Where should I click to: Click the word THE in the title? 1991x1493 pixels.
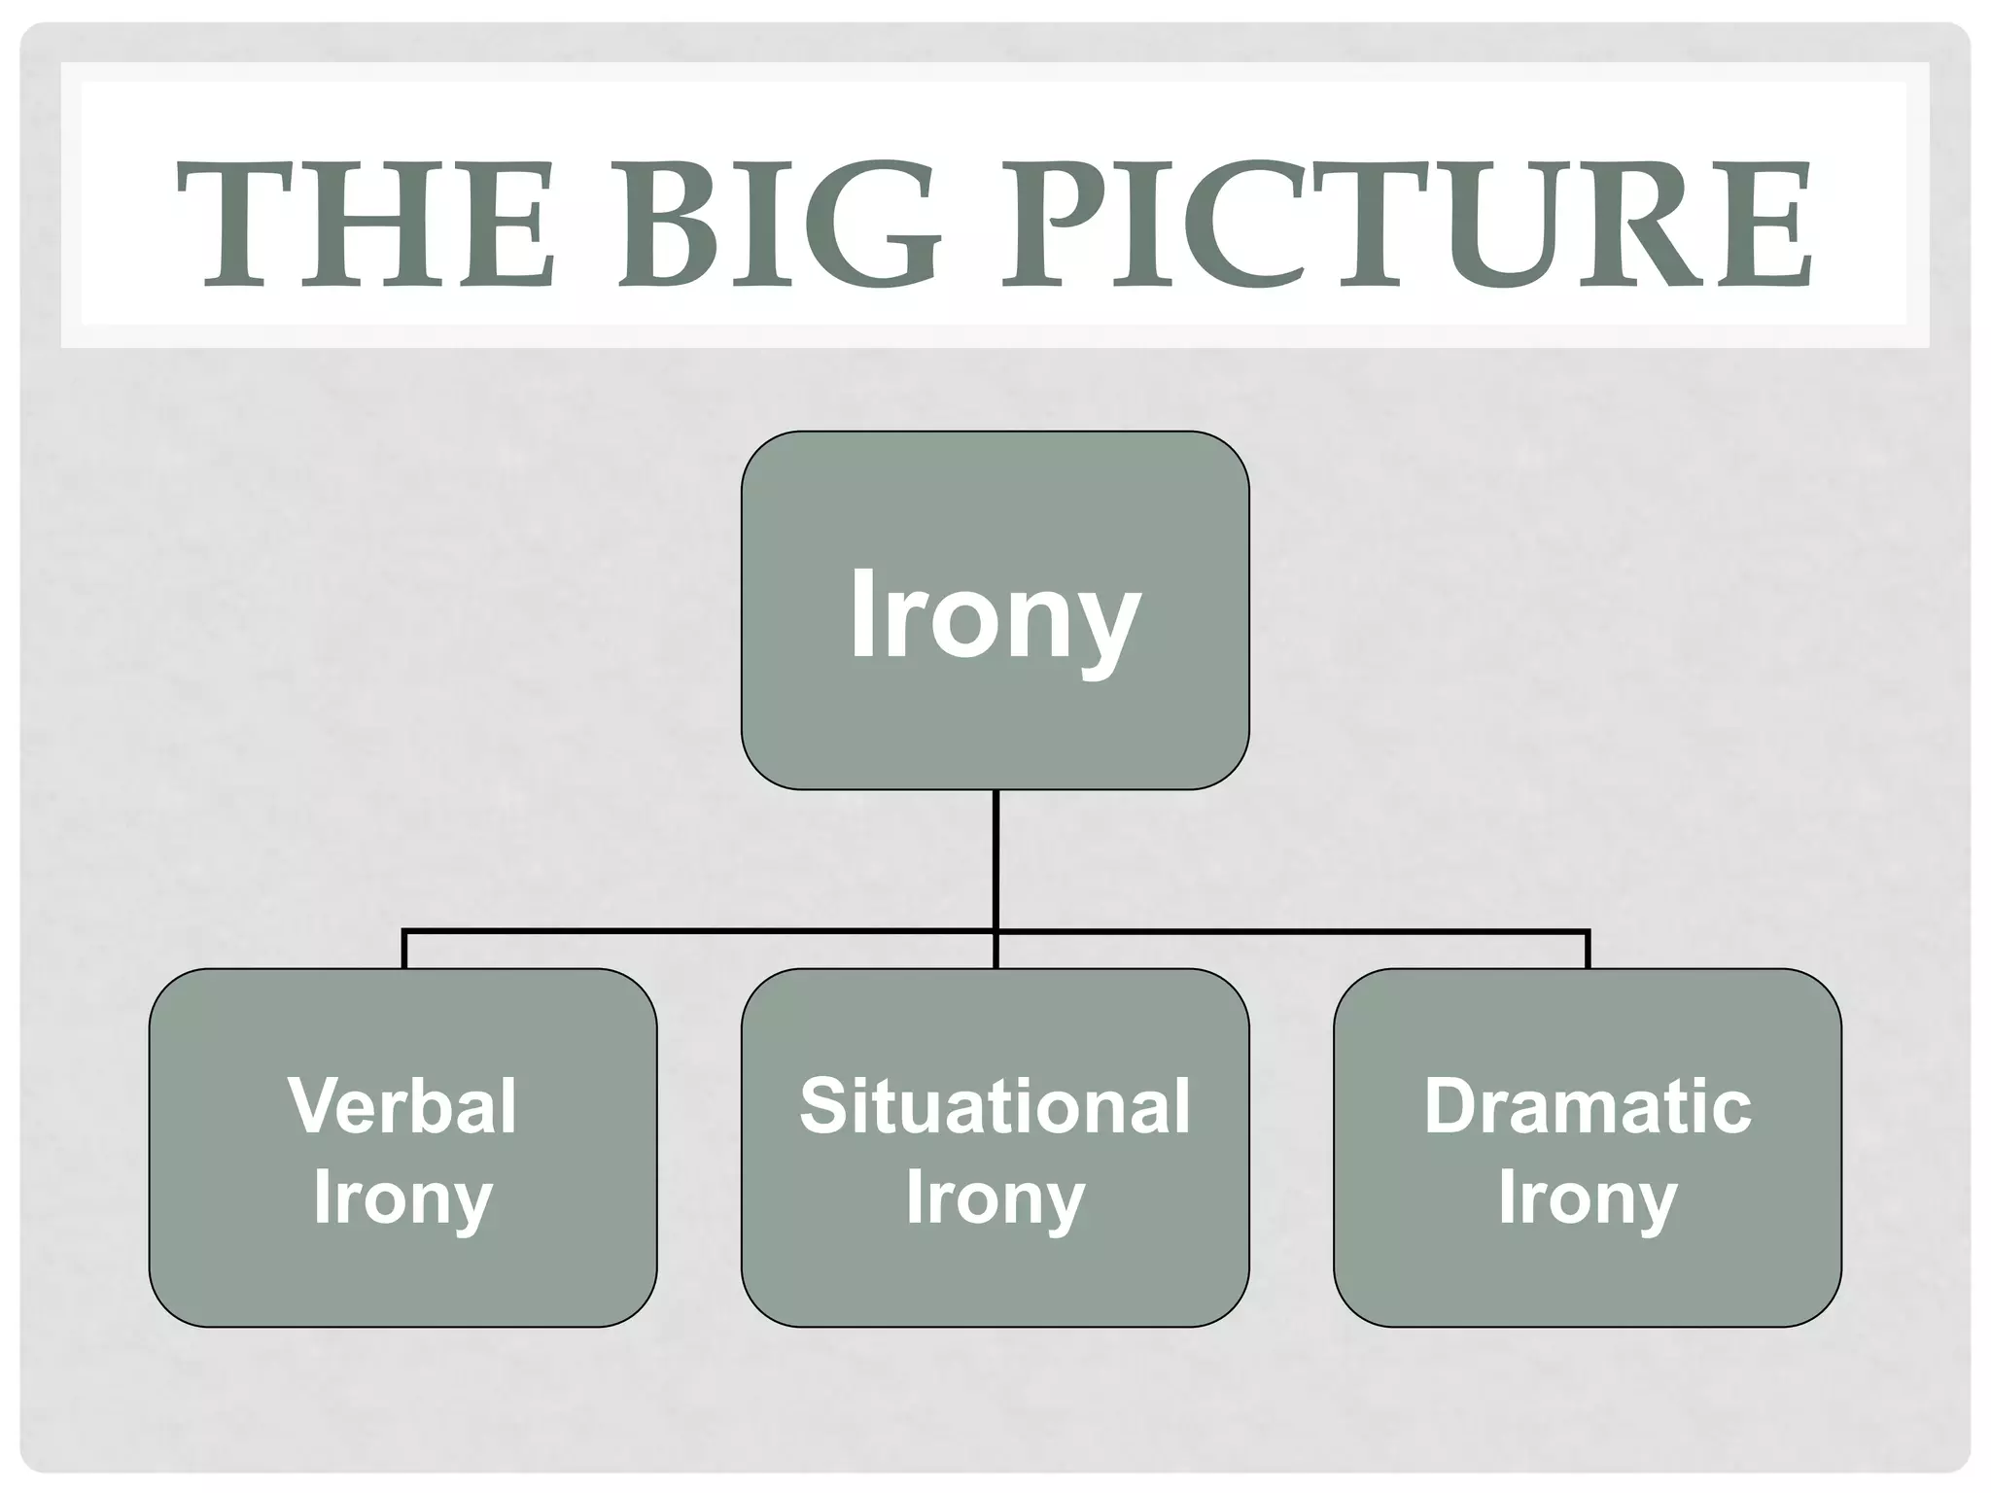click(365, 226)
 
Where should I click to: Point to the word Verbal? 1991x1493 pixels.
click(402, 1106)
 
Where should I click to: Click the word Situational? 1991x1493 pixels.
click(995, 1106)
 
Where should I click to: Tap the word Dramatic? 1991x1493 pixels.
click(1587, 1106)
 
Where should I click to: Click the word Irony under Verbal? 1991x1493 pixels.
click(402, 1198)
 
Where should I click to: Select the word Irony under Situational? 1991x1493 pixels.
click(995, 1198)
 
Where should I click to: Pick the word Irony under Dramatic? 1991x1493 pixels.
click(1587, 1198)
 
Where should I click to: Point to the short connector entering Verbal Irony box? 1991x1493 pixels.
click(403, 950)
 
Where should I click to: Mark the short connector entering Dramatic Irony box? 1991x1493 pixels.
click(1588, 950)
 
